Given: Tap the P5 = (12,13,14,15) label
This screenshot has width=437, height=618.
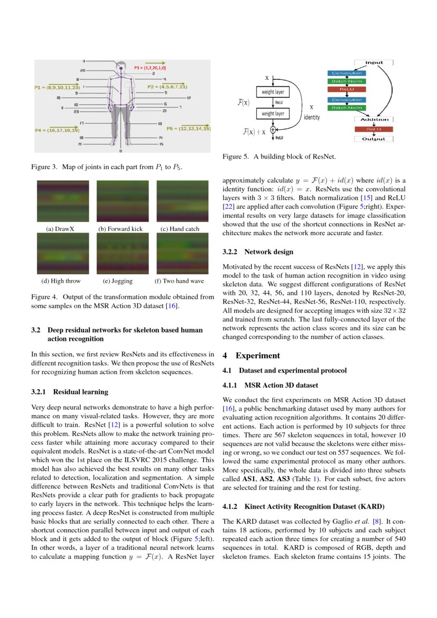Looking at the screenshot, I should click(x=188, y=128).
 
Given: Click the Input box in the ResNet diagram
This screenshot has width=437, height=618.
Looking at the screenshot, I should click(x=374, y=62).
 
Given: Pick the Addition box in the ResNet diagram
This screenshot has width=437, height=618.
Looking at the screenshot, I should click(x=374, y=119).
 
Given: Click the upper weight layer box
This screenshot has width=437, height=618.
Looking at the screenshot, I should click(x=273, y=92).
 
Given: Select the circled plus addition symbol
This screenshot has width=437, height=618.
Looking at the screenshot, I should click(x=273, y=130).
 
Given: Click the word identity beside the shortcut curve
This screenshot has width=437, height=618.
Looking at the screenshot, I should click(x=311, y=117).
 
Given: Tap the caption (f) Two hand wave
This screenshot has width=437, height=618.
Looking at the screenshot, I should click(x=179, y=281).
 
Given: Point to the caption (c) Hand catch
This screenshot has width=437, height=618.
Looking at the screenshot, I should click(x=179, y=229).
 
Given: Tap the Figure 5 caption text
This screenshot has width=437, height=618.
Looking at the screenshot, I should click(x=278, y=156).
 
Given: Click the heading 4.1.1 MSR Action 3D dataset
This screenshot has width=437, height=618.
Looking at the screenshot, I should click(x=270, y=385).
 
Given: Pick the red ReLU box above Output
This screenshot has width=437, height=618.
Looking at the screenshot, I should click(x=374, y=128).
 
